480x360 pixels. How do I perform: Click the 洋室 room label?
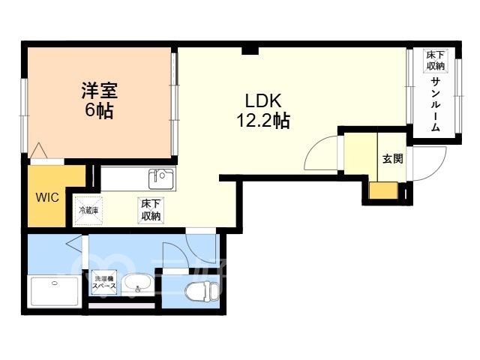coord(100,91)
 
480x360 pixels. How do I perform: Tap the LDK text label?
coord(263,100)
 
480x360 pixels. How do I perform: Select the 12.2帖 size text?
coord(263,121)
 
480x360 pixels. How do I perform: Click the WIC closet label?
coord(47,197)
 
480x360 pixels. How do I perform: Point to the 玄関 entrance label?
coord(393,159)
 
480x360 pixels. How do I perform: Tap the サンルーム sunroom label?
coord(435,105)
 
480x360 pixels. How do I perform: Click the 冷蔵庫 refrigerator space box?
coord(88,211)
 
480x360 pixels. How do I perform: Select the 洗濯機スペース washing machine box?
coord(104,283)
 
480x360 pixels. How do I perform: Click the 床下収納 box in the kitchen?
coord(151,210)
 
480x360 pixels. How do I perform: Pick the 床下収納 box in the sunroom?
coord(435,61)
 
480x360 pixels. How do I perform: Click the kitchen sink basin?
coord(161,178)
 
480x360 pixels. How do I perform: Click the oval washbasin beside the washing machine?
coord(137,284)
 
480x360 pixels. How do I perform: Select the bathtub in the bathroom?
coord(55,291)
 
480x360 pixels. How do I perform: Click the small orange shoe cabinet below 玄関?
coord(383,190)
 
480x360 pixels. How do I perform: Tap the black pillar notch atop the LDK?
coord(250,51)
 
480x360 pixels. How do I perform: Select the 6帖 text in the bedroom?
coord(99,110)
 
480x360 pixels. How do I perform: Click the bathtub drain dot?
coord(55,283)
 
